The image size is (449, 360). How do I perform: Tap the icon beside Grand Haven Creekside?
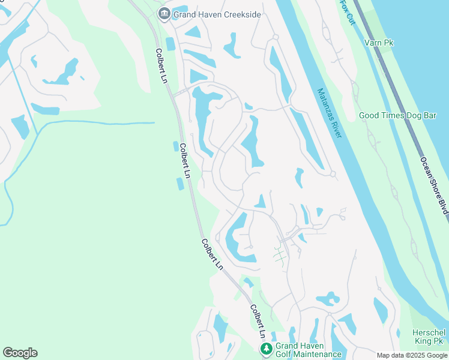163,13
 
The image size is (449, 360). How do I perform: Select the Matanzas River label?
329,113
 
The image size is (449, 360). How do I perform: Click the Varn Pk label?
378,43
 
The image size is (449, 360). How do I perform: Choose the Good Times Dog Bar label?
397,115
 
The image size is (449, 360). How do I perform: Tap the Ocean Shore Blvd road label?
434,184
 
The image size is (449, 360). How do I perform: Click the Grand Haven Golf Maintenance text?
308,350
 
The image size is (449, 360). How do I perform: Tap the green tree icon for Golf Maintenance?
265,349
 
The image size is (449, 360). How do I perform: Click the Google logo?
20,353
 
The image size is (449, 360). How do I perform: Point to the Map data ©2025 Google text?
411,355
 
